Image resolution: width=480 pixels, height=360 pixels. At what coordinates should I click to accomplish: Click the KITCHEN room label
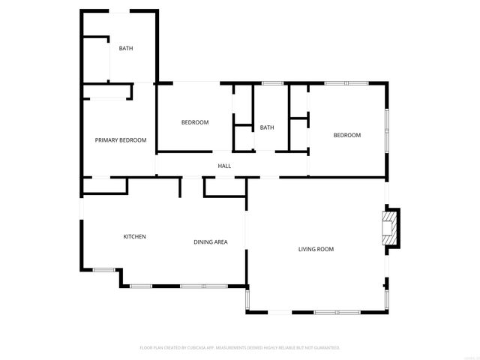tap(134, 237)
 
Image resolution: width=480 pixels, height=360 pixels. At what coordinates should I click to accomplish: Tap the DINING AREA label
tap(211, 241)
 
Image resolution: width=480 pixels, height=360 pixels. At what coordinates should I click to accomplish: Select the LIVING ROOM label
tap(316, 249)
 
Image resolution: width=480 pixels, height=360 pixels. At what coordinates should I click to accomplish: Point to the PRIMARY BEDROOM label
tap(120, 140)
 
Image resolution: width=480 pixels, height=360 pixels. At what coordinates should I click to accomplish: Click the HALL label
tap(224, 166)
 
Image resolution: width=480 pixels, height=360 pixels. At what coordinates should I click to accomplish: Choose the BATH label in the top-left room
tap(126, 49)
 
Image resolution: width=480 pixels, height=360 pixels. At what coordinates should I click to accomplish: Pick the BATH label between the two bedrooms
tap(267, 127)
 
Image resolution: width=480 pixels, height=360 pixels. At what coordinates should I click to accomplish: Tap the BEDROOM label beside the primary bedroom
tap(195, 122)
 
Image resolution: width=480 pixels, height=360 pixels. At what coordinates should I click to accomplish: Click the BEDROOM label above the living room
tap(347, 135)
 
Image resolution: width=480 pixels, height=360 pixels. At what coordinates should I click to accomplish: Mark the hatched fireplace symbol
tap(389, 227)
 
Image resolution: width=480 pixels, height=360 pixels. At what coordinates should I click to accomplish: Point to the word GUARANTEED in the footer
tap(325, 348)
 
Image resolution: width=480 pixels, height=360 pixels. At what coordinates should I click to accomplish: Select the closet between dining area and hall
tap(225, 187)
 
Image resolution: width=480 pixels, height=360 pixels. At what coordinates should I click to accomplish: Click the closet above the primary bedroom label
tap(107, 91)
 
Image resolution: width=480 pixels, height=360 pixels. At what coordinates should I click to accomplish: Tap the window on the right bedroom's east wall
tap(387, 120)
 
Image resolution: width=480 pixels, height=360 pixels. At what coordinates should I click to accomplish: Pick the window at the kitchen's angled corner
tap(103, 269)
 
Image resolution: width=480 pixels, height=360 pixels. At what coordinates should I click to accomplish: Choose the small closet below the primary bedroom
tap(97, 185)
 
